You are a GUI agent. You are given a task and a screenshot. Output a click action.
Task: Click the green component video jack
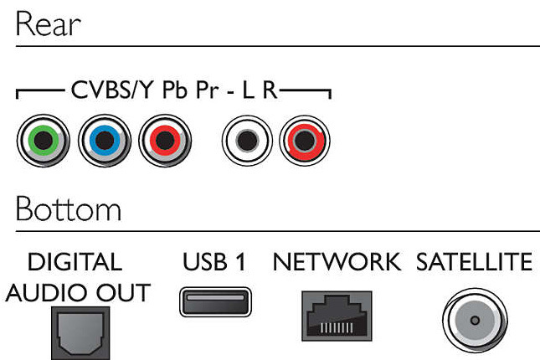(44, 141)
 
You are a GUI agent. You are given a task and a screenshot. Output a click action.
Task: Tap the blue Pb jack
(105, 141)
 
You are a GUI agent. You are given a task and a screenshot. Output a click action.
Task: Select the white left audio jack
(247, 141)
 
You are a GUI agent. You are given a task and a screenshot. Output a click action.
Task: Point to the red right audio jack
(305, 141)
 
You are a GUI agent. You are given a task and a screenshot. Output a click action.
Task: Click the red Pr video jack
(165, 141)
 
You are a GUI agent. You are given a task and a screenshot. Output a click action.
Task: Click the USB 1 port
(216, 301)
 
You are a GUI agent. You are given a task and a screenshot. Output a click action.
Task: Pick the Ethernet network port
(337, 316)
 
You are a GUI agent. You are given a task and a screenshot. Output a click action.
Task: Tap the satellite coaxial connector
(475, 321)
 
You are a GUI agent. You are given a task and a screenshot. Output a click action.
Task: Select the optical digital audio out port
(80, 333)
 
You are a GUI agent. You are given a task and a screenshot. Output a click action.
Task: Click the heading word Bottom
(69, 208)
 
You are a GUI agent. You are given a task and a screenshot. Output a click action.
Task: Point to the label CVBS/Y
(111, 90)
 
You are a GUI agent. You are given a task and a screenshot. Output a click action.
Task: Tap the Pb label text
(175, 90)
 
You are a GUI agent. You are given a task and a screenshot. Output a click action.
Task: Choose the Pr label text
(208, 90)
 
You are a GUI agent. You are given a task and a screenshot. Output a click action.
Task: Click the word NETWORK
(337, 262)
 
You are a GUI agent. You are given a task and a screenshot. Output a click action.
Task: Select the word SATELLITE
(474, 262)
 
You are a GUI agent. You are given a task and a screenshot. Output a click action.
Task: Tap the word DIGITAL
(75, 262)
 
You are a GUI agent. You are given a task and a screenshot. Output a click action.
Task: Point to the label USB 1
(214, 262)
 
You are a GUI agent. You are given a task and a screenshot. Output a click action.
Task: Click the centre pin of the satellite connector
(475, 321)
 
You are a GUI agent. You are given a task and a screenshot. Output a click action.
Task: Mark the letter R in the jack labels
(270, 90)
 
